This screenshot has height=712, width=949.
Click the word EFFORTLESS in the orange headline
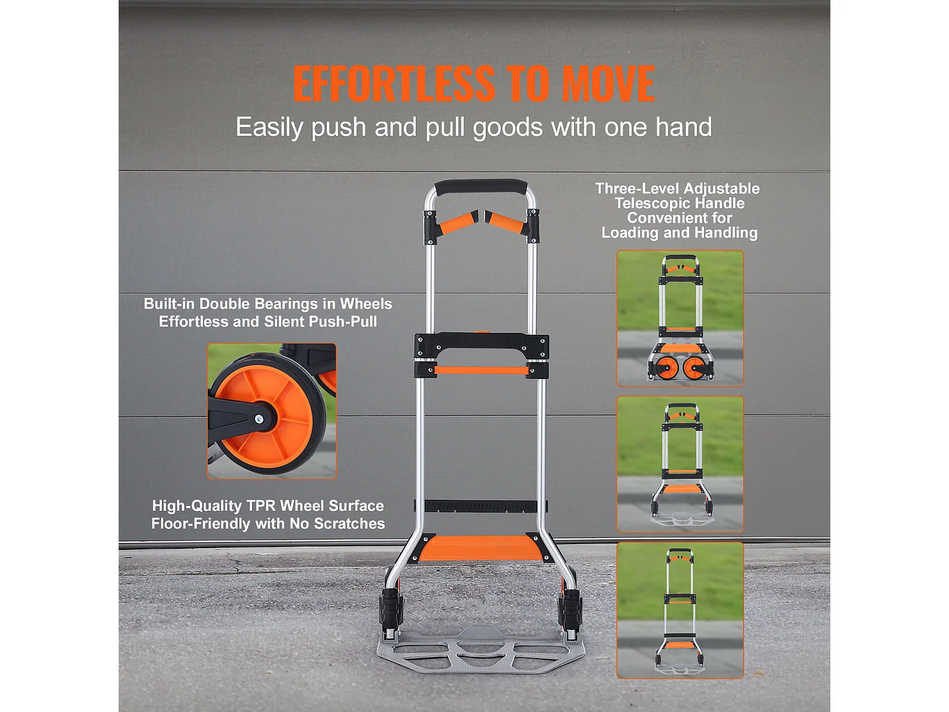click(x=394, y=84)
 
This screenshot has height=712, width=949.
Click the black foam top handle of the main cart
click(x=481, y=187)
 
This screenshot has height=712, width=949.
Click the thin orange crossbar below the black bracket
click(x=481, y=370)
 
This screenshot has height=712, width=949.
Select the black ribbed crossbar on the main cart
click(x=481, y=506)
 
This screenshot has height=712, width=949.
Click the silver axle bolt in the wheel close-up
click(x=259, y=418)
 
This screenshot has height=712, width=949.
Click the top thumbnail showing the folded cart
click(x=680, y=318)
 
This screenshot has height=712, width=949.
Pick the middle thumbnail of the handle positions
click(x=680, y=464)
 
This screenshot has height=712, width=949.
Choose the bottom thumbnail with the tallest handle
click(x=680, y=610)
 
